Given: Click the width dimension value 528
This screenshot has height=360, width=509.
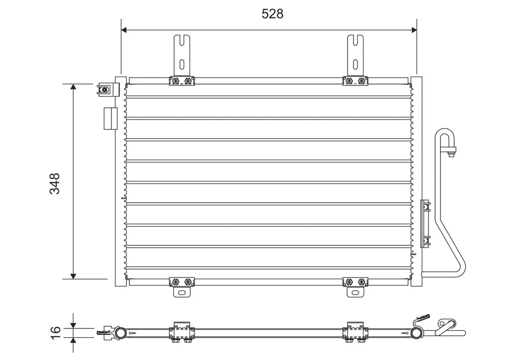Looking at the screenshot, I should (272, 14).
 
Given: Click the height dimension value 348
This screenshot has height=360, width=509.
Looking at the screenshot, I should (55, 183).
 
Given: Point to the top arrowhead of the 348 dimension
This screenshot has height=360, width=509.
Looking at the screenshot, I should (73, 87).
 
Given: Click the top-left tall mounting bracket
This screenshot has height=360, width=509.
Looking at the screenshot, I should (182, 55).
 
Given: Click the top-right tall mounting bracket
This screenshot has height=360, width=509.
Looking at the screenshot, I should (355, 55).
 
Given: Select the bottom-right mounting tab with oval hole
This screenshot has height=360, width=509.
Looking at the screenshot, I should (355, 292).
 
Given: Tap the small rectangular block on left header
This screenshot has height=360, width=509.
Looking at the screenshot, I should (110, 118).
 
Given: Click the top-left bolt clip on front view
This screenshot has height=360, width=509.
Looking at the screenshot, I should (182, 81).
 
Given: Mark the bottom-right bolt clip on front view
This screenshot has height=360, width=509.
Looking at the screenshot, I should (355, 281).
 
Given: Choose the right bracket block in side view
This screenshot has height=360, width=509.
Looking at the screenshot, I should (355, 332).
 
